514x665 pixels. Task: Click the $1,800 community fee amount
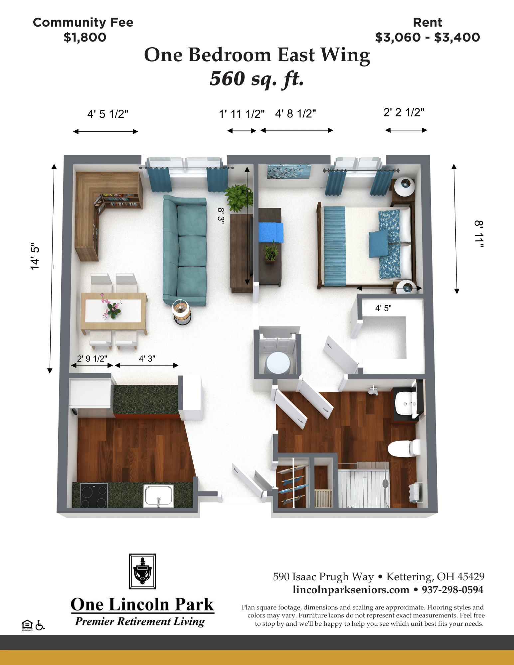(x=85, y=37)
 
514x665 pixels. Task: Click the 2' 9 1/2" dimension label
(x=92, y=358)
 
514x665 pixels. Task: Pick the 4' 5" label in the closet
(x=383, y=308)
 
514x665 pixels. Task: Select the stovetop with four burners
(x=94, y=495)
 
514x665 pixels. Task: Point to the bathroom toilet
(x=404, y=448)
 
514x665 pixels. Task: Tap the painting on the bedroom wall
(x=289, y=171)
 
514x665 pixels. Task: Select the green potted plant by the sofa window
(x=239, y=198)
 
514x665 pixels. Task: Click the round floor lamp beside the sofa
(x=182, y=312)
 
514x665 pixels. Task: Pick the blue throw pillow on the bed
(x=379, y=244)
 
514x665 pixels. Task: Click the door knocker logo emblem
(x=142, y=571)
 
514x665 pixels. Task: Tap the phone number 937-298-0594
(x=452, y=590)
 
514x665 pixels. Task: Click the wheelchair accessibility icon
(x=40, y=625)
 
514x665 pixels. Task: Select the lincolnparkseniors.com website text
(x=351, y=590)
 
